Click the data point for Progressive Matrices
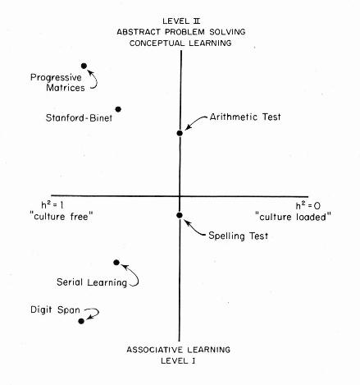[84, 66]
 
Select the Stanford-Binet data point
[118, 109]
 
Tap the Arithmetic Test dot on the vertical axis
[180, 133]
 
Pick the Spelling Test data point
[180, 215]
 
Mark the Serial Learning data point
[116, 263]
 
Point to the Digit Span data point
[81, 321]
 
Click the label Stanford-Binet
[79, 118]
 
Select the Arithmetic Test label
[245, 117]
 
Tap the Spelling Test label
[239, 236]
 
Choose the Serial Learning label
[92, 282]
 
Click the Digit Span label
[55, 310]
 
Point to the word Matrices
[66, 88]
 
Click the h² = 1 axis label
[52, 205]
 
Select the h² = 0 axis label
[308, 206]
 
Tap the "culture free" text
[63, 217]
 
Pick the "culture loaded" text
[293, 217]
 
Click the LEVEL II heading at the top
[181, 21]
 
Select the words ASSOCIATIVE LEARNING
[179, 350]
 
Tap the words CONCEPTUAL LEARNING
[180, 43]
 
